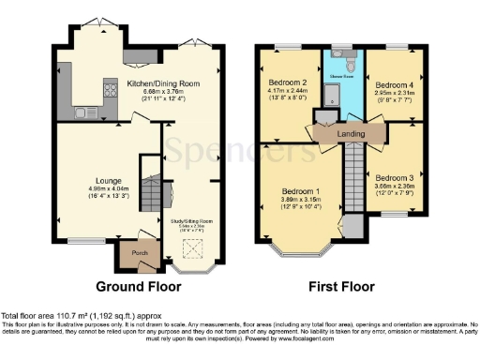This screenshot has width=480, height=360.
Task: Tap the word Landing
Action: click(x=350, y=135)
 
